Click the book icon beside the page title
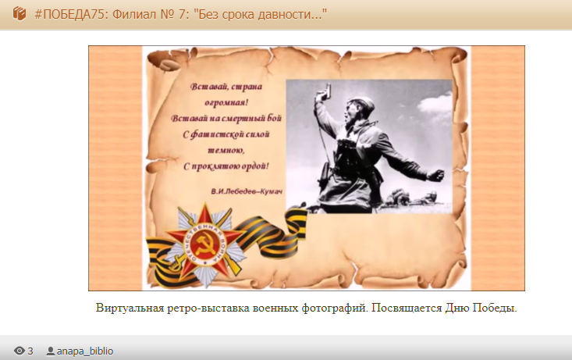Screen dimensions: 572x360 coord(20,14)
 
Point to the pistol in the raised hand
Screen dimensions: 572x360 coord(325,92)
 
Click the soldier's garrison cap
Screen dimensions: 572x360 coord(359,103)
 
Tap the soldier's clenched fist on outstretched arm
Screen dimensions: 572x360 coord(435,176)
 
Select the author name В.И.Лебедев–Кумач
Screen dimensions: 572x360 coord(247,191)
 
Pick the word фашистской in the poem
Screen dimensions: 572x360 coord(212,134)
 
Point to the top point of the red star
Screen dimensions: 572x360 coord(205,204)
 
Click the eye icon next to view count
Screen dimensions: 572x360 coord(19,351)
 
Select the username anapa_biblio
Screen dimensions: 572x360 coord(85,351)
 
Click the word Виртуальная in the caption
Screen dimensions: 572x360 coord(130,308)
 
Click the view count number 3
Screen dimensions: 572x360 coord(30,351)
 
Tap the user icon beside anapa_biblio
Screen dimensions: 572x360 coord(51,351)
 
